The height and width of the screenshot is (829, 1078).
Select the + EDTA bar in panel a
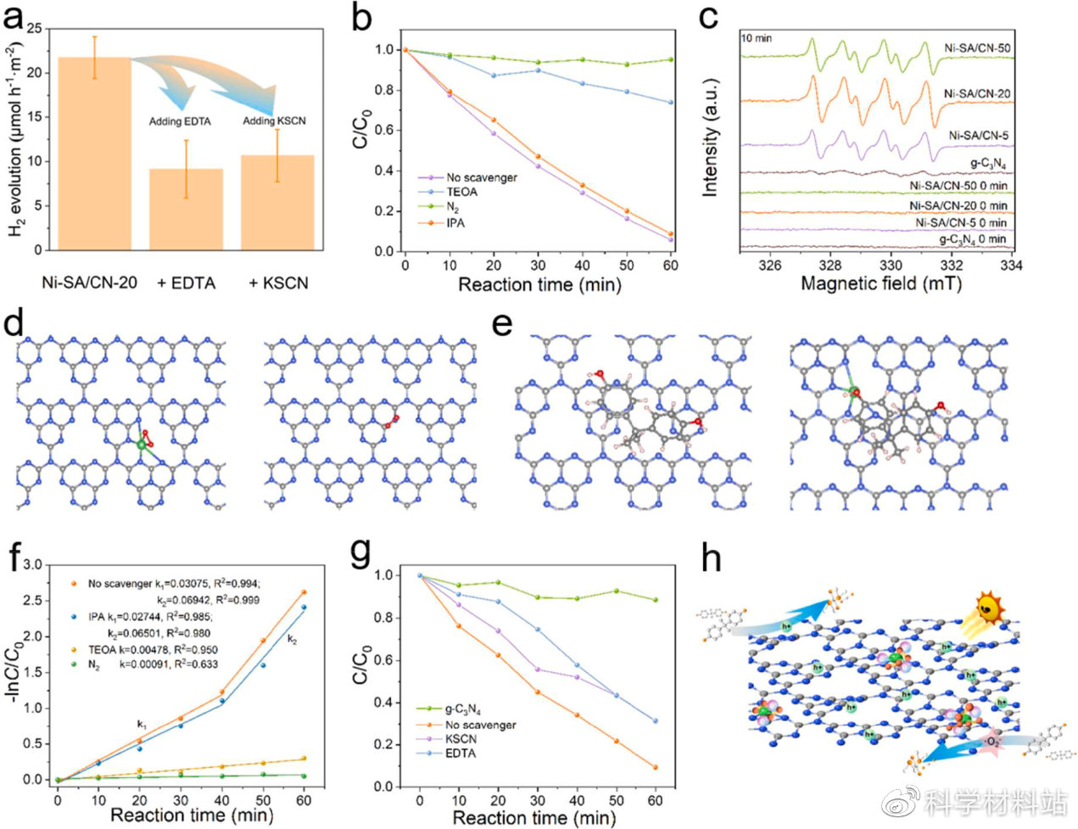click(186, 209)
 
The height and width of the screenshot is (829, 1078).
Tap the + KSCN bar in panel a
click(277, 202)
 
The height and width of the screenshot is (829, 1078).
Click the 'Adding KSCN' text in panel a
click(274, 120)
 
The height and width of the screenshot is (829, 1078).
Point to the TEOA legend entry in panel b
click(461, 193)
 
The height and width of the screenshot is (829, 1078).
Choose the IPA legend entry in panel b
click(455, 223)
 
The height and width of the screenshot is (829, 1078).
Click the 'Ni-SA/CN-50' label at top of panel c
click(977, 48)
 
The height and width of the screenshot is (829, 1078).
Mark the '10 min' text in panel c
click(757, 39)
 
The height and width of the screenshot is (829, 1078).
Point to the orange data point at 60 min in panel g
click(655, 767)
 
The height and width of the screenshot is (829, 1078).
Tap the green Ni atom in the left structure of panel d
click(141, 444)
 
